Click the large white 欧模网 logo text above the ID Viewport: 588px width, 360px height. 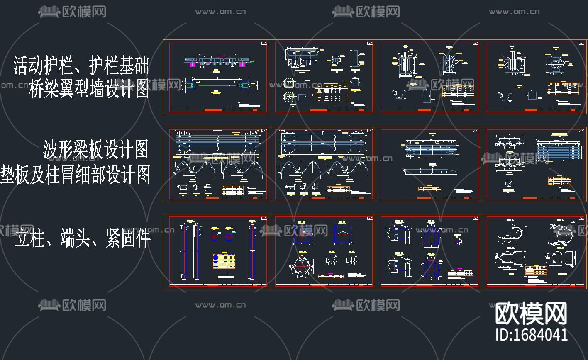(x=532, y=314)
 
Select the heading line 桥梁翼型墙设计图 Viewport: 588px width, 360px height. (x=89, y=89)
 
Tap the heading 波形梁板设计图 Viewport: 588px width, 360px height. (x=96, y=149)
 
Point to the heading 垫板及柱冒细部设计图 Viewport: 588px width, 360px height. (x=75, y=175)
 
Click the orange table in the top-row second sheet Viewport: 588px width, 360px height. (x=331, y=93)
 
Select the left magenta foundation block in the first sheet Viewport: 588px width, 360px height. (x=192, y=65)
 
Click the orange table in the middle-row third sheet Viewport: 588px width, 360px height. (x=429, y=189)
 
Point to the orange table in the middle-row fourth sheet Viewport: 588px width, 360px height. (x=559, y=181)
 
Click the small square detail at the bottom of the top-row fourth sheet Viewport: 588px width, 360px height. (x=532, y=96)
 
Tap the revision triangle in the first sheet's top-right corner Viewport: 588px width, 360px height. (x=264, y=43)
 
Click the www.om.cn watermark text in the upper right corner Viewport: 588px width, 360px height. (x=515, y=12)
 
